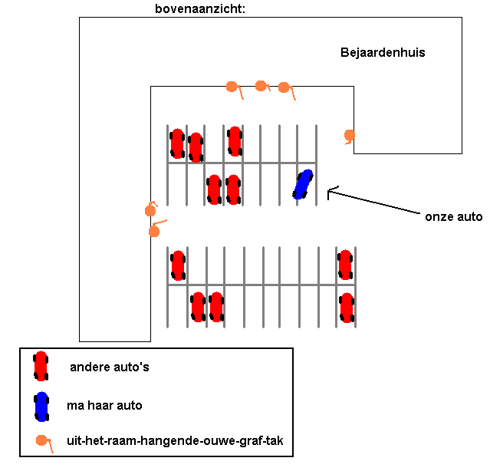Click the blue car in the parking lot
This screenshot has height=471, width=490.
[303, 184]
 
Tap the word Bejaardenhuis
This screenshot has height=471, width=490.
[383, 53]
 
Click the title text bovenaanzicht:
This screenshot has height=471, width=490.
[200, 9]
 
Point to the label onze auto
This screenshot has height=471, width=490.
[453, 217]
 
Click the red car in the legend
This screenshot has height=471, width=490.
[41, 366]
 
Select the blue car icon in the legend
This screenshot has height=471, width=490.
[41, 406]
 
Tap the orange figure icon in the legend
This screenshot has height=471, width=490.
[41, 441]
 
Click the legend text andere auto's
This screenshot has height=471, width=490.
[109, 367]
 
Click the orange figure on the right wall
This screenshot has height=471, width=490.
[350, 136]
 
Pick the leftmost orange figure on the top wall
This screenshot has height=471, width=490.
[232, 87]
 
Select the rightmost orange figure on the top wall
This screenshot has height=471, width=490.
[284, 88]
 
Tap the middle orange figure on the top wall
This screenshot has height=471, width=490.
[261, 86]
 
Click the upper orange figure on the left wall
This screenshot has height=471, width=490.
[151, 210]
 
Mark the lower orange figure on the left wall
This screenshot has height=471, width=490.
[154, 230]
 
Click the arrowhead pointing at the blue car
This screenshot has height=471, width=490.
[330, 192]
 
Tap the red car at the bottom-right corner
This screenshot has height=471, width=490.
[347, 307]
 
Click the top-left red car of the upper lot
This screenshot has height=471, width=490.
[177, 143]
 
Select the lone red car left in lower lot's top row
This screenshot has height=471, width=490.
[178, 265]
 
